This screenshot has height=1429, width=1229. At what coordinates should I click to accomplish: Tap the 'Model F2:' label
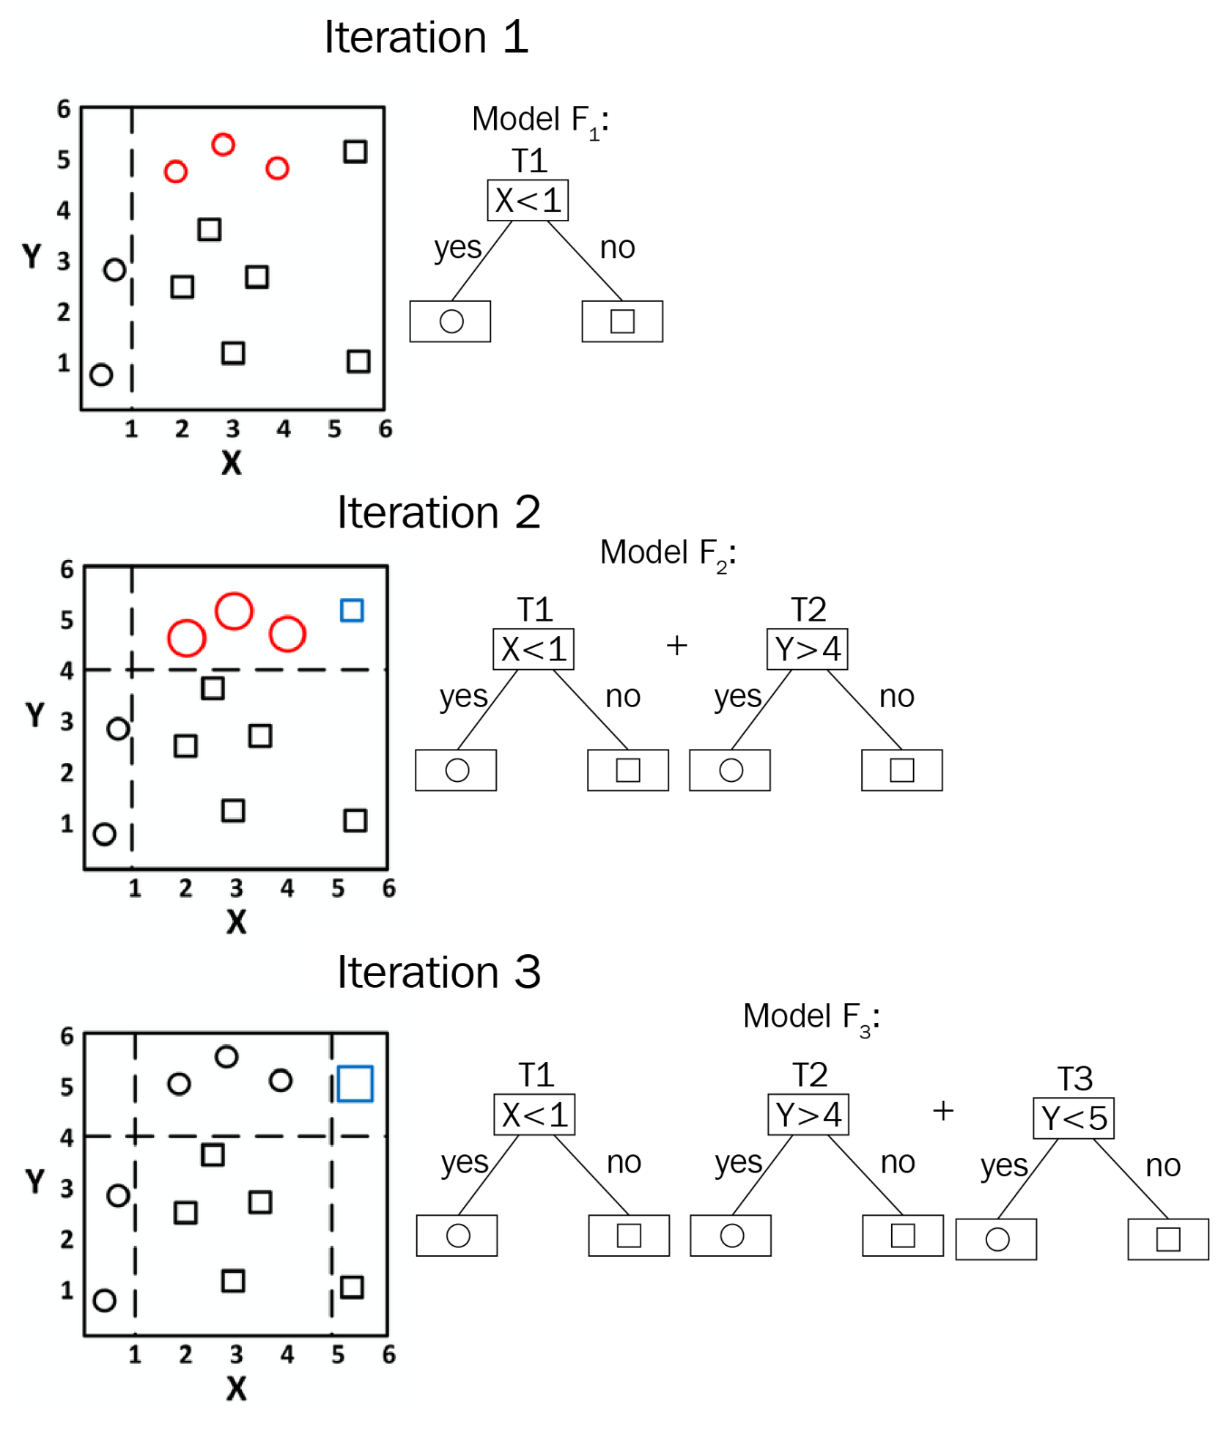(668, 553)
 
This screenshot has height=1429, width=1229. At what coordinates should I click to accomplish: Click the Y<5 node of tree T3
(1073, 1118)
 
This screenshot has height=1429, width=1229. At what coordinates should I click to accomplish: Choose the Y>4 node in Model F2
(807, 649)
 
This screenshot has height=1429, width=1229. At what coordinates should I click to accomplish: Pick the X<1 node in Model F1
(528, 200)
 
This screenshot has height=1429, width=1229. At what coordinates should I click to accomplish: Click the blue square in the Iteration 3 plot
(355, 1084)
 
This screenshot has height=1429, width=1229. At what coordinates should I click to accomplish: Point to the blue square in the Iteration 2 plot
(352, 610)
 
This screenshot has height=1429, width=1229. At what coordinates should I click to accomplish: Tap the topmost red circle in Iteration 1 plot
(223, 144)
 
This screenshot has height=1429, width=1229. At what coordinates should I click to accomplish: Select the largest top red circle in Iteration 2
(234, 610)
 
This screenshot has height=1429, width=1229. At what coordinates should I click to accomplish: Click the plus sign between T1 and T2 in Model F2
(676, 646)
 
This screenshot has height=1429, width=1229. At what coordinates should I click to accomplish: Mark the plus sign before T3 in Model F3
(942, 1111)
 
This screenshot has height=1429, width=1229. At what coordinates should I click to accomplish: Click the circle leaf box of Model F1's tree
(450, 321)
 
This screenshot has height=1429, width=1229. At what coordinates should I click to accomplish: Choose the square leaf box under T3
(1167, 1239)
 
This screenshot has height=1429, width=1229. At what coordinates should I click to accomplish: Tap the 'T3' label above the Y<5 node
(1074, 1079)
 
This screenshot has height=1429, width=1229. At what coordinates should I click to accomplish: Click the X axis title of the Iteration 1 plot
(232, 462)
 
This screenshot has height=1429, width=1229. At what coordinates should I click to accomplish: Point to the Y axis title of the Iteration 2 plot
(34, 714)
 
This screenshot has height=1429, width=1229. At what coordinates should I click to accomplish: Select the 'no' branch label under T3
(1162, 1166)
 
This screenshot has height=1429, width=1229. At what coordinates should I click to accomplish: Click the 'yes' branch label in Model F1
(457, 248)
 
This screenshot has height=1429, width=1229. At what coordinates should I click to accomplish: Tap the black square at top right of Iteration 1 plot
(355, 152)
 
